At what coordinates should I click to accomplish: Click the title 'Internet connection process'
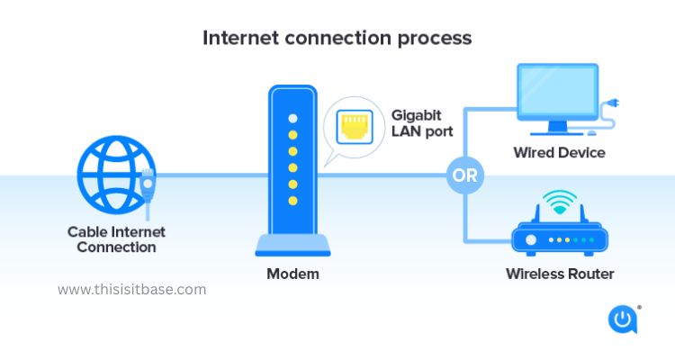pos(337,38)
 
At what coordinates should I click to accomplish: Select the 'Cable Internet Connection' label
pos(116,239)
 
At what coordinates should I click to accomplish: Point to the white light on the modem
pos(292,119)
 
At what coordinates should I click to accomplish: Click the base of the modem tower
pos(292,244)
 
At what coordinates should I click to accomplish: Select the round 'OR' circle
pos(464,175)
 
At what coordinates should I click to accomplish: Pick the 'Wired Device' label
pos(559,152)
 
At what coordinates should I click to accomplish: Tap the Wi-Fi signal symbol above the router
pos(561,202)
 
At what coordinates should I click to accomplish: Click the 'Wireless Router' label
pos(560,274)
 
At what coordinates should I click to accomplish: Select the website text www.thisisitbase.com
pos(131,290)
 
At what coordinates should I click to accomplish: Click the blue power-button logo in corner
pos(623,319)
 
